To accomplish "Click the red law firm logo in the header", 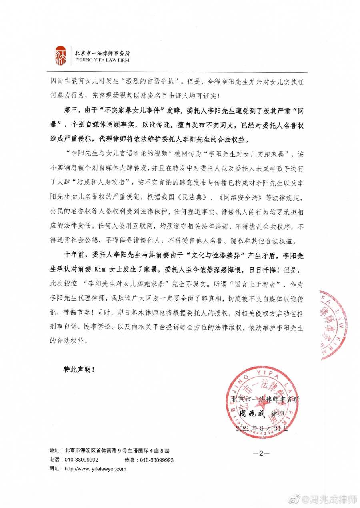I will pos(60,56).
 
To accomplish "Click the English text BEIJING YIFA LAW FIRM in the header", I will pos(102,60).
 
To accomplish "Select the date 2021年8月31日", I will pos(262,428).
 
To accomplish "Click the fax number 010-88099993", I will pos(157,460).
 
